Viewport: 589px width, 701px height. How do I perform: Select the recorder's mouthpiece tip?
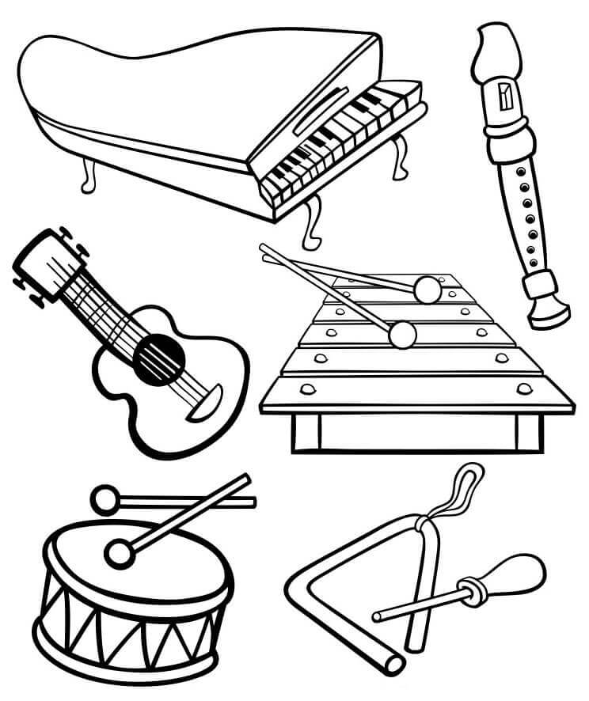coord(497,36)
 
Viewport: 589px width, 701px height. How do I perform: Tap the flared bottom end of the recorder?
coord(549,313)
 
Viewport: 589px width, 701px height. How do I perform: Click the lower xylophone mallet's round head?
coord(403,334)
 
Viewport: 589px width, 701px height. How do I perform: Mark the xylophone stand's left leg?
coord(305,432)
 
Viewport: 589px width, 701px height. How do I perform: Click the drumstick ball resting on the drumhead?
coord(120,552)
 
